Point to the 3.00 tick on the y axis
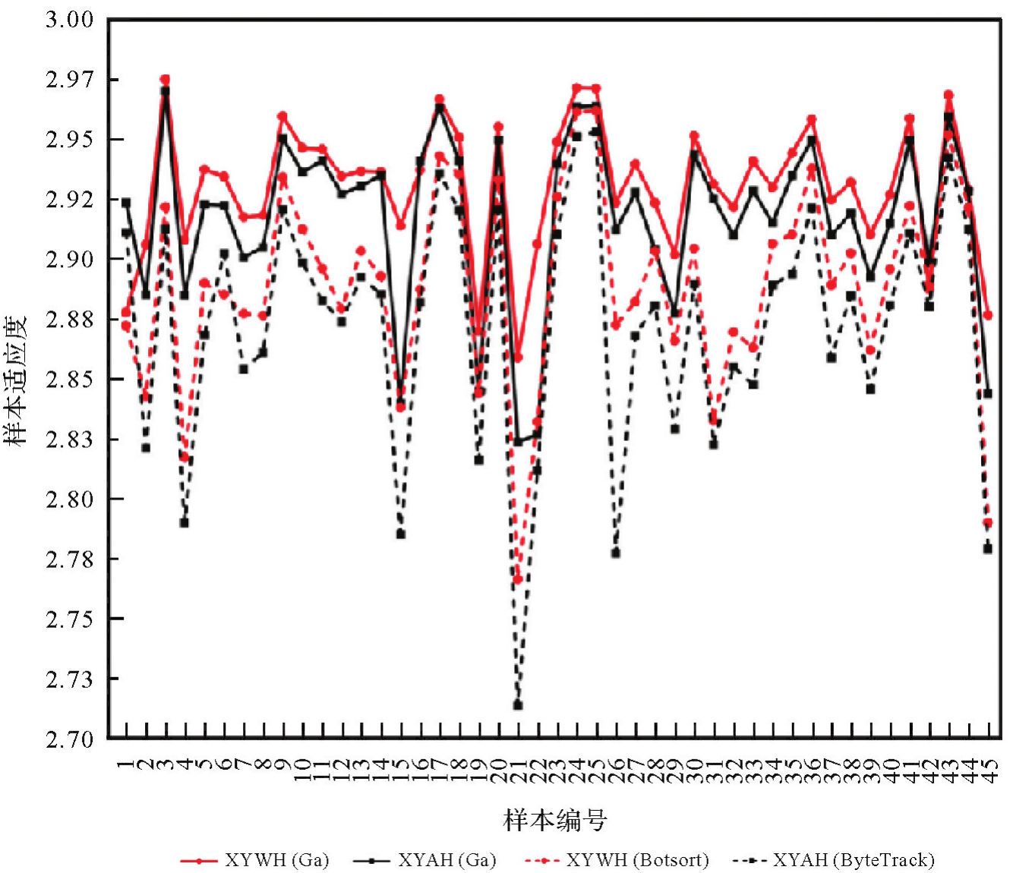70,20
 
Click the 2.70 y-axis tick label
70,739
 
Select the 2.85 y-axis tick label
70,379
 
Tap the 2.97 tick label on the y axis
70,80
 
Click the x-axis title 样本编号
555,820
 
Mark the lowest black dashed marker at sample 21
518,705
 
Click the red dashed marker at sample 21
518,580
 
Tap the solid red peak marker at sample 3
165,80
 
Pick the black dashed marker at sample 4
185,522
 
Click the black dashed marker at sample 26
616,553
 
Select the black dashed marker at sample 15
400,534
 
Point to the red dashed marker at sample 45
988,523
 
